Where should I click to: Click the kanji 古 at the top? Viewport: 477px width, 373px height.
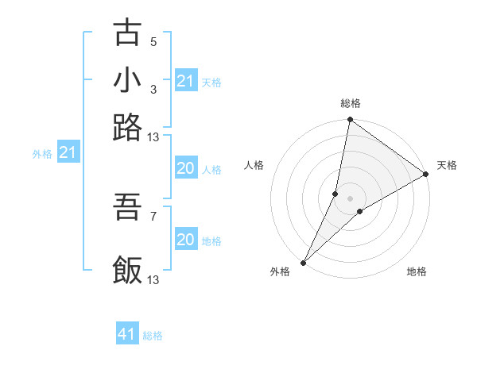tap(128, 33)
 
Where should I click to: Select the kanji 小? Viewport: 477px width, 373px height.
tap(128, 80)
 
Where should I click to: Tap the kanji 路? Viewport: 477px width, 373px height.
tap(128, 127)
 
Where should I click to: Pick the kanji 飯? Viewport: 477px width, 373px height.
tap(128, 270)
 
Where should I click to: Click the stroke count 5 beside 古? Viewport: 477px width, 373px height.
tap(153, 42)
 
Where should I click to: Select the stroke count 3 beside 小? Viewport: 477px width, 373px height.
tap(153, 89)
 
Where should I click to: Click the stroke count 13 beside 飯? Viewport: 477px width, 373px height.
tap(153, 279)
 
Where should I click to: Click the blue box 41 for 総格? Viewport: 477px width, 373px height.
tap(127, 334)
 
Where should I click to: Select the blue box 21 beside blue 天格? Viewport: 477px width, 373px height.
tap(185, 81)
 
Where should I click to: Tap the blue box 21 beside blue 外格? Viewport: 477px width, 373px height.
tap(68, 152)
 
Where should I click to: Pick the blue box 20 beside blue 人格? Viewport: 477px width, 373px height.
tap(185, 168)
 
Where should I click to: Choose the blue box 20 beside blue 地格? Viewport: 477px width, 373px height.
tap(185, 240)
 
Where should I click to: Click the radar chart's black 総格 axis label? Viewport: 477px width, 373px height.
tap(351, 103)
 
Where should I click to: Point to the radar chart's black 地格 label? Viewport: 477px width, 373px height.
tap(417, 272)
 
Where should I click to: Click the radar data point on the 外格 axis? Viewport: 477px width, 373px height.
tap(304, 262)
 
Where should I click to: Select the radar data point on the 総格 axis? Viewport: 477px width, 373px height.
tap(351, 121)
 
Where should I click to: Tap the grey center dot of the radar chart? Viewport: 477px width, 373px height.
tap(351, 198)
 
